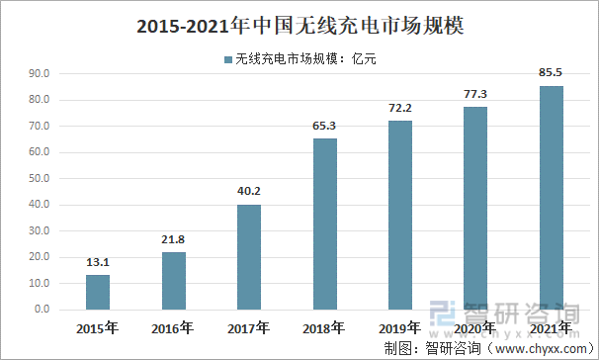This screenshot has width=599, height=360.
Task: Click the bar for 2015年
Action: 98,292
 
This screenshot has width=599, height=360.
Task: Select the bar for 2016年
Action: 173,281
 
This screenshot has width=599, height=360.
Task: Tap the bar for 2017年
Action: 249,257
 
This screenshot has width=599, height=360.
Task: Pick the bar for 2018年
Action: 324,224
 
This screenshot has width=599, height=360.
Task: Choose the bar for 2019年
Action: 399,215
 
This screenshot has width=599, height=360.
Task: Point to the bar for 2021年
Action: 552,198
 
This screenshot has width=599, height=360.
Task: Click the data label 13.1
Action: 98,263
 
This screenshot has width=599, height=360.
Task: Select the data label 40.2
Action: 249,192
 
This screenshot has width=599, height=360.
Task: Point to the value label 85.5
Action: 552,73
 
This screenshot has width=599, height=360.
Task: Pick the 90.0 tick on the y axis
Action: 42,74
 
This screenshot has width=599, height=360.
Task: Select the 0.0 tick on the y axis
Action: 44,310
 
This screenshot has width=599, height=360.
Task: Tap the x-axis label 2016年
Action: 173,328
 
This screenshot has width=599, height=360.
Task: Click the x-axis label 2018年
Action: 324,328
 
